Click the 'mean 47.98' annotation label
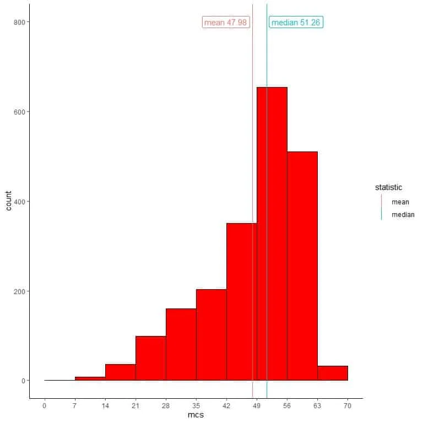tap(226, 23)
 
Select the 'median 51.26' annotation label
tap(296, 23)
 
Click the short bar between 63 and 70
tap(332, 373)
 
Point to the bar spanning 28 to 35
tap(181, 344)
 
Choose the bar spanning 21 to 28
tap(150, 358)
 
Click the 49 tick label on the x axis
tap(257, 406)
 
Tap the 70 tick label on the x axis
tap(348, 406)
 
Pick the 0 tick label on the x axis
tap(45, 406)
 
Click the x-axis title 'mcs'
tap(196, 415)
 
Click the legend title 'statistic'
tap(388, 188)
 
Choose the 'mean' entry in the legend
tap(400, 202)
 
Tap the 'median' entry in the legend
tap(403, 215)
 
